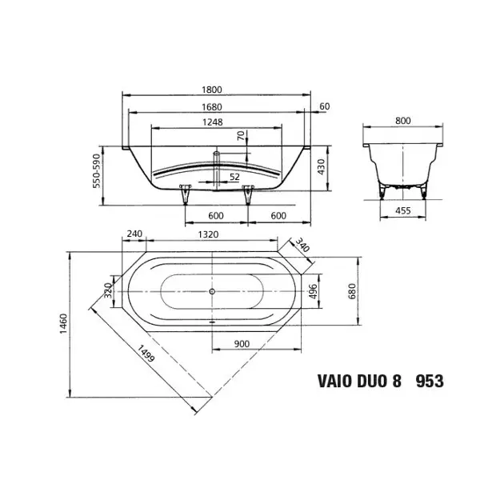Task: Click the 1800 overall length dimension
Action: pyautogui.click(x=212, y=90)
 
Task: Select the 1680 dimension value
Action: pyautogui.click(x=212, y=107)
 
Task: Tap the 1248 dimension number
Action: pyautogui.click(x=213, y=122)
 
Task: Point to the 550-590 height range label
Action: pyautogui.click(x=97, y=170)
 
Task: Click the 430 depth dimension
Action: pyautogui.click(x=321, y=166)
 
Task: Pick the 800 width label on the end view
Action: pyautogui.click(x=402, y=121)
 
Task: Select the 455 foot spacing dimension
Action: pyautogui.click(x=402, y=210)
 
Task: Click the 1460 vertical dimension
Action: pyautogui.click(x=64, y=323)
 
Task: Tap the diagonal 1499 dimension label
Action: pyautogui.click(x=146, y=354)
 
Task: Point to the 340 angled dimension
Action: pyautogui.click(x=302, y=245)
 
